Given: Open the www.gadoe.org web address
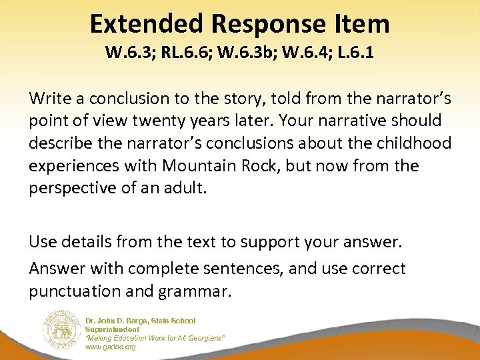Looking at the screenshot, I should (x=111, y=347).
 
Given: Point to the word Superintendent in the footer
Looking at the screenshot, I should (x=113, y=330).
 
